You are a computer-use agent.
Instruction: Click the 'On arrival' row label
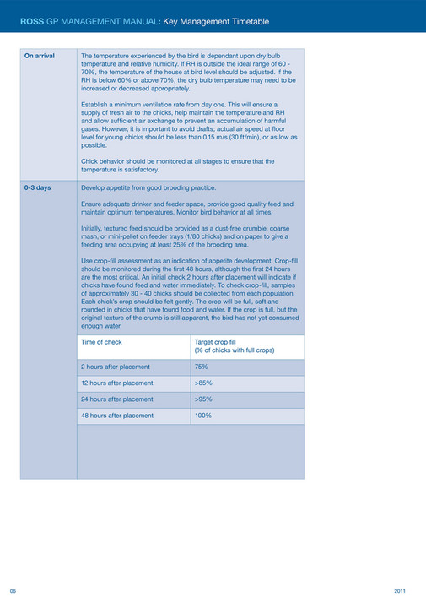point(40,56)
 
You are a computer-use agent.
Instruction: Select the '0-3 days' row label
point(38,187)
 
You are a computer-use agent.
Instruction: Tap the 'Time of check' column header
point(101,342)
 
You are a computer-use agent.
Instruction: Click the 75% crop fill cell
point(202,367)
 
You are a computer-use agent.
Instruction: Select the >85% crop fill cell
point(203,383)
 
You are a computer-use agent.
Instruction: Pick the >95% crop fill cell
point(203,399)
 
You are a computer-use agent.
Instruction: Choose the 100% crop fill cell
point(203,416)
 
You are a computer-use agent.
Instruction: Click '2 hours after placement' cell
point(116,367)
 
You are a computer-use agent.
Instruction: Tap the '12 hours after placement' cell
point(117,383)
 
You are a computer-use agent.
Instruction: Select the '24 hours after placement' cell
point(117,399)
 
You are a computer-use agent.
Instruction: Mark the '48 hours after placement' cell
point(117,416)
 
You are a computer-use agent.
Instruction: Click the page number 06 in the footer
point(13,589)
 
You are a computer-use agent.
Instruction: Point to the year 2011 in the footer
point(401,589)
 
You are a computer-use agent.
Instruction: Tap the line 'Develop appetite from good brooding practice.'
point(148,187)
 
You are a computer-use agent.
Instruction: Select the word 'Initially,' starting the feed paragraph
point(95,229)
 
